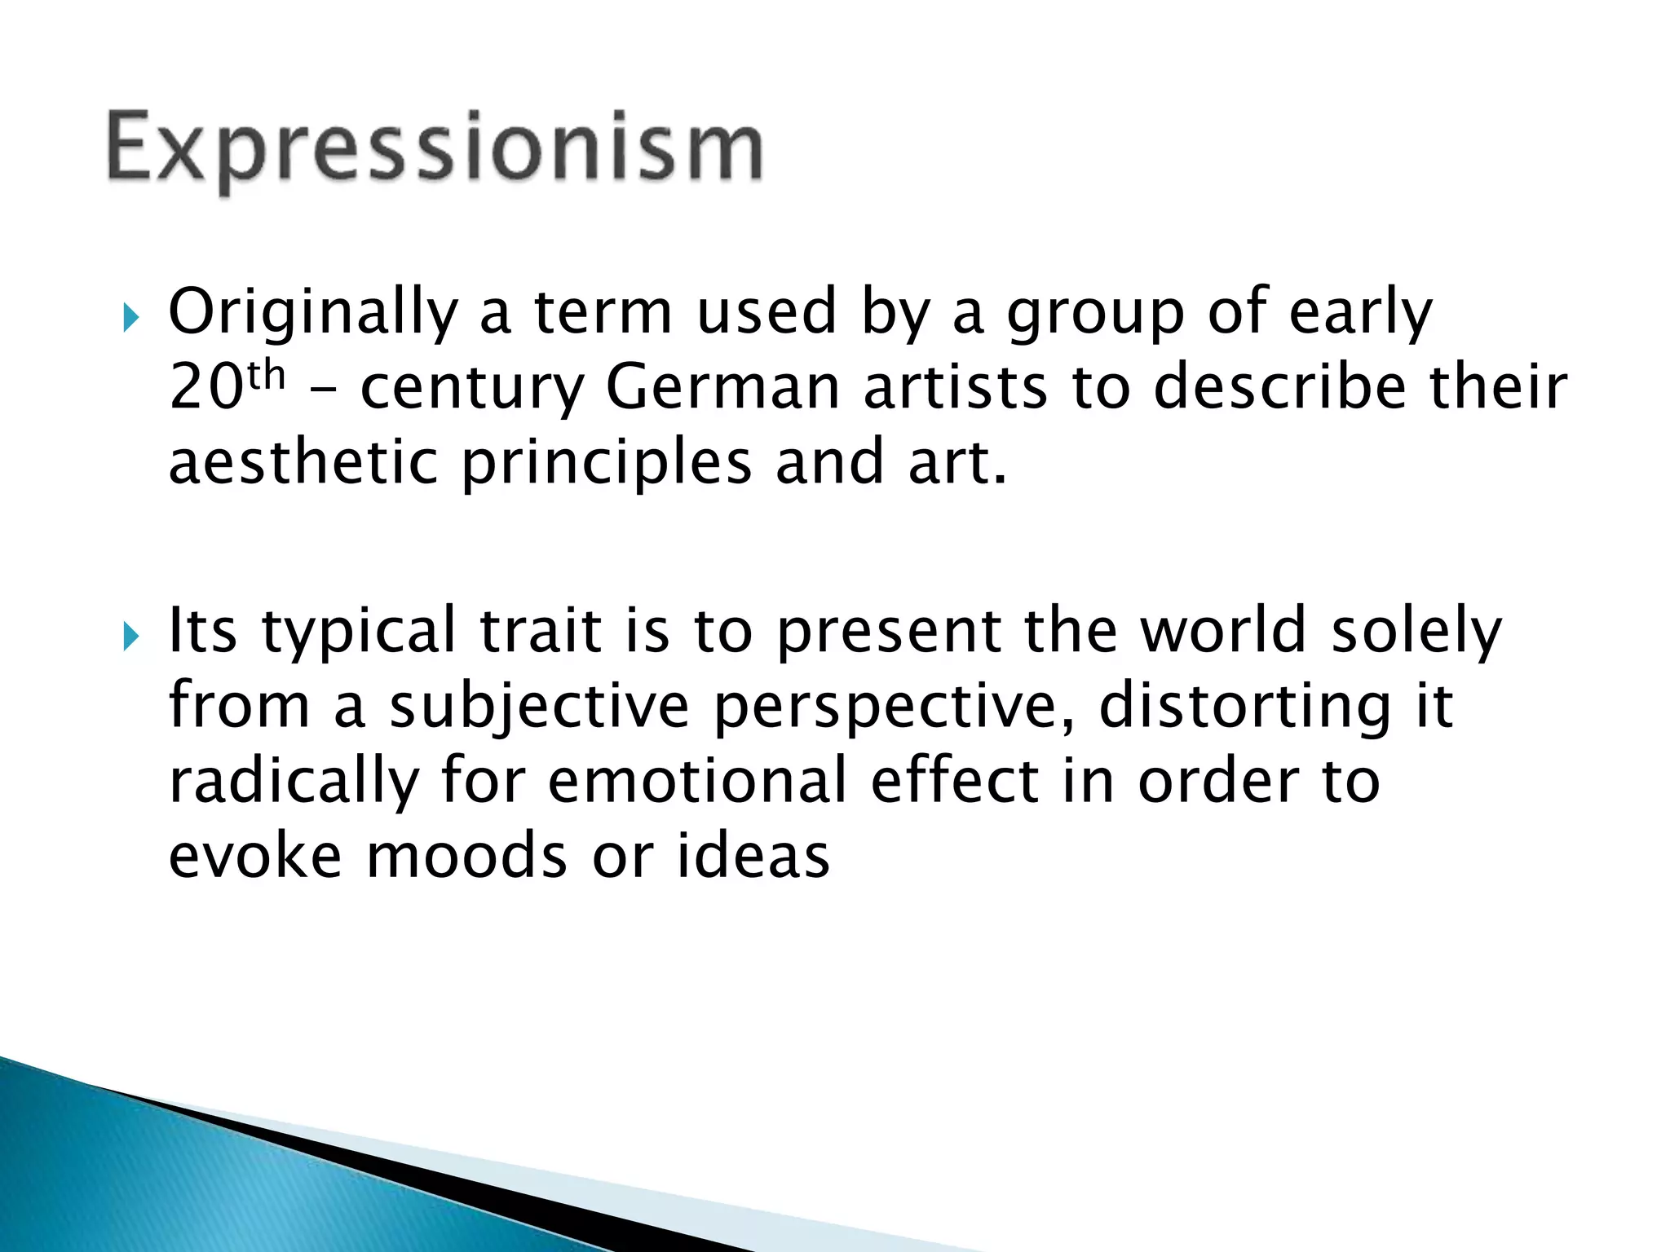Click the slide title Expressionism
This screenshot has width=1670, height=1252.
click(x=435, y=149)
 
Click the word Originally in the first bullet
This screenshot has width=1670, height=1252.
click(x=313, y=312)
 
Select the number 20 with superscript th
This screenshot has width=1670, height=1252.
click(x=226, y=386)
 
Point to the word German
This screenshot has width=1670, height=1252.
click(x=722, y=386)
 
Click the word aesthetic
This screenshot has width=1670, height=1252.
click(x=303, y=461)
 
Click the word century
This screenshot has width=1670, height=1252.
click(x=472, y=387)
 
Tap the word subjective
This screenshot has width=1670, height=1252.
click(x=539, y=706)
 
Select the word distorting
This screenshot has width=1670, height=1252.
click(x=1245, y=706)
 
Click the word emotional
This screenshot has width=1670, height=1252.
click(x=697, y=780)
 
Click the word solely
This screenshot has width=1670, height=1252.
click(x=1416, y=632)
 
